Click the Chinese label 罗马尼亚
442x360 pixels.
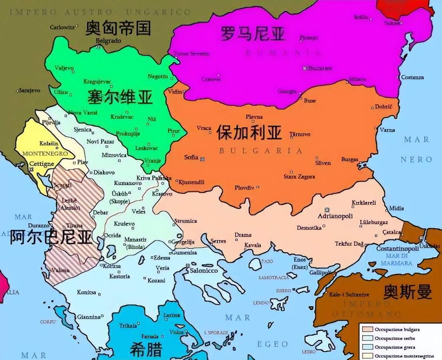pyautogui.click(x=253, y=34)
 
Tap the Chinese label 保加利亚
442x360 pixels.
pyautogui.click(x=249, y=133)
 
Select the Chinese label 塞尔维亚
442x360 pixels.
pyautogui.click(x=120, y=97)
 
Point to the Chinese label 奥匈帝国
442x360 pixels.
pyautogui.click(x=118, y=28)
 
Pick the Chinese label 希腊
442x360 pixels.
pyautogui.click(x=146, y=349)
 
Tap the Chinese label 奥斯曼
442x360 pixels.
pyautogui.click(x=407, y=292)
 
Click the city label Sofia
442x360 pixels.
pyautogui.click(x=191, y=157)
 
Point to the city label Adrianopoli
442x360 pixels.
pyautogui.click(x=335, y=216)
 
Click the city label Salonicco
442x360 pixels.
pyautogui.click(x=204, y=271)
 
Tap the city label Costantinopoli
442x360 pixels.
pyautogui.click(x=397, y=248)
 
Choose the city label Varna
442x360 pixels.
pyautogui.click(x=387, y=130)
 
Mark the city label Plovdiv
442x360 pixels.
pyautogui.click(x=244, y=187)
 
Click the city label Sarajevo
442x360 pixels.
pyautogui.click(x=30, y=91)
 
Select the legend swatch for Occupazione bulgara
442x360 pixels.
pyautogui.click(x=367, y=330)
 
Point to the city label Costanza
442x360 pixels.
pyautogui.click(x=412, y=77)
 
